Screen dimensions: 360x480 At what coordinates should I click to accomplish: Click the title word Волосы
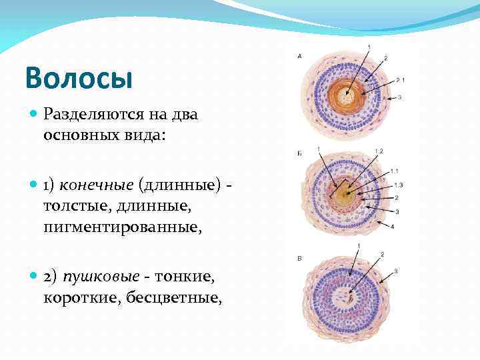79,77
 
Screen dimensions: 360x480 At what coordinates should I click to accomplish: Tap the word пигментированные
121,227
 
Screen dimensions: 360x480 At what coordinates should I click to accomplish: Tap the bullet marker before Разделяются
34,115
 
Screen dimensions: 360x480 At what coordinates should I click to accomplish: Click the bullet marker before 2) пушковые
34,276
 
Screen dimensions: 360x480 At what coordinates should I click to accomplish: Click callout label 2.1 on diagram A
401,80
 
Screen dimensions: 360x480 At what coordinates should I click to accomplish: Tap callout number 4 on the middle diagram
392,227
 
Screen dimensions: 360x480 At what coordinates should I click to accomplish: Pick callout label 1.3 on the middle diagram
399,184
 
